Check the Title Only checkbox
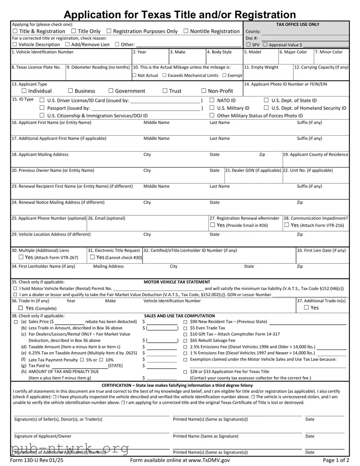(x=74, y=31)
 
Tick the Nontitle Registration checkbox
(x=186, y=31)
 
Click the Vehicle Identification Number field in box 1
(x=71, y=58)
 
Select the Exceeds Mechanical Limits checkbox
(x=164, y=75)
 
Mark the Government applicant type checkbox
(x=111, y=91)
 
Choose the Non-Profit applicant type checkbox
(x=204, y=91)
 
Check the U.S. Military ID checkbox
(x=212, y=108)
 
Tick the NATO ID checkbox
(x=212, y=100)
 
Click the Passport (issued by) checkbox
(x=42, y=108)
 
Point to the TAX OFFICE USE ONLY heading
(x=297, y=24)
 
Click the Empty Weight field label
(x=261, y=67)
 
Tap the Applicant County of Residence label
(x=316, y=154)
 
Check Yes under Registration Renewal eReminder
(x=212, y=225)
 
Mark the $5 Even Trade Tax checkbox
(x=185, y=328)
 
